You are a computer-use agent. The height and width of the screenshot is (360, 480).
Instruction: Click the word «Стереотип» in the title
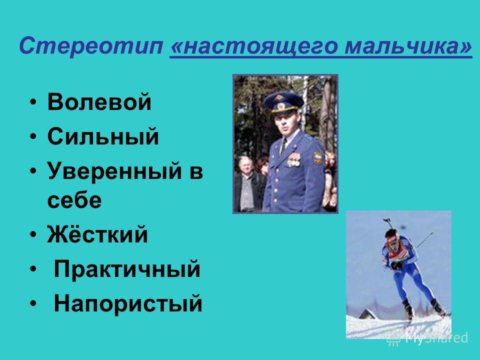[x=91, y=46]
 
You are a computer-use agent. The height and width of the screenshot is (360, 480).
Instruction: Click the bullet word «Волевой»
[x=99, y=101]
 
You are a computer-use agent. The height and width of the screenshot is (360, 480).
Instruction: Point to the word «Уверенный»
[x=115, y=171]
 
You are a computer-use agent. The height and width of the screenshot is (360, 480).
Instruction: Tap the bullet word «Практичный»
[x=127, y=269]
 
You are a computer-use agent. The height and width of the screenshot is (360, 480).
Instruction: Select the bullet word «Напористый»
[x=128, y=303]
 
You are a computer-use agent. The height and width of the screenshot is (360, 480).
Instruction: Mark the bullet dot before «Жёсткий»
[x=33, y=235]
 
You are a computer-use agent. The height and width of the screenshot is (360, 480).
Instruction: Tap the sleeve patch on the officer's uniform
[x=317, y=157]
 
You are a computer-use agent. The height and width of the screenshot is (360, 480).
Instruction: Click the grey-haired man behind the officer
[x=247, y=183]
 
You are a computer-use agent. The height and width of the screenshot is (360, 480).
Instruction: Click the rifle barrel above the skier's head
[x=389, y=223]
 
